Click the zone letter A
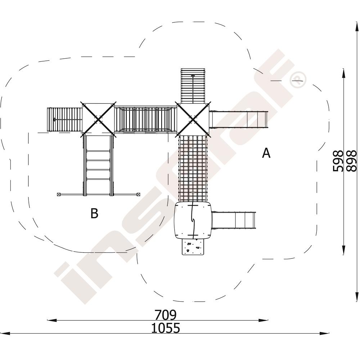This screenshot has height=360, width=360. (266, 153)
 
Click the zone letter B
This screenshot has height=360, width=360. (94, 213)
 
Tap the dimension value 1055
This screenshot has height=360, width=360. (165, 328)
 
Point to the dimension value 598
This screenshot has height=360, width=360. (338, 161)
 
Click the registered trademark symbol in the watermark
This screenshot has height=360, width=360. (298, 80)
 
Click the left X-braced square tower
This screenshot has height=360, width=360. (98, 120)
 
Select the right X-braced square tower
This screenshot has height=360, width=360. (193, 120)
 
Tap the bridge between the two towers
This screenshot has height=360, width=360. (146, 120)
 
